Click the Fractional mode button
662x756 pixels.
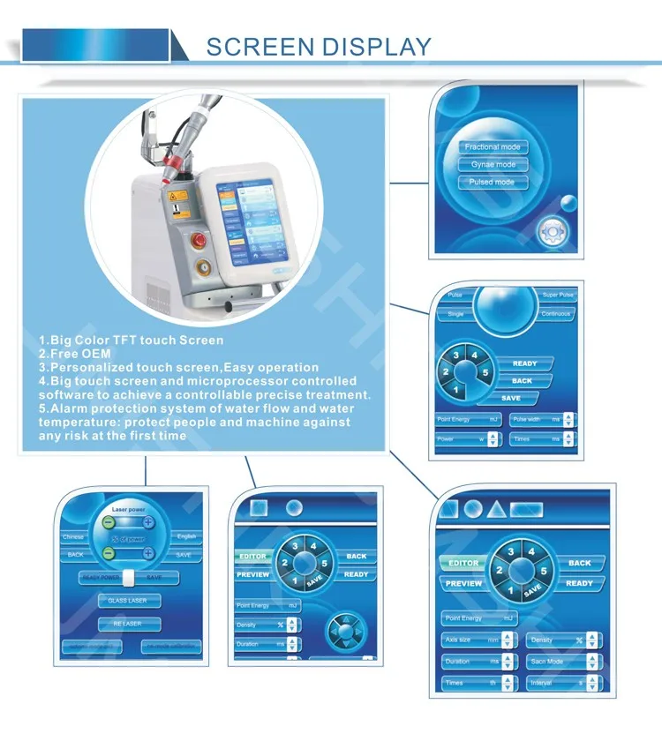[x=493, y=146]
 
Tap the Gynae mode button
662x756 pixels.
[x=493, y=164]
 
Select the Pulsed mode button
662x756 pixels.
[x=493, y=182]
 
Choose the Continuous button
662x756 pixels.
[x=555, y=313]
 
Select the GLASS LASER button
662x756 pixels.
[x=129, y=601]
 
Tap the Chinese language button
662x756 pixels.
[x=73, y=536]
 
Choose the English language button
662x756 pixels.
[x=185, y=536]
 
